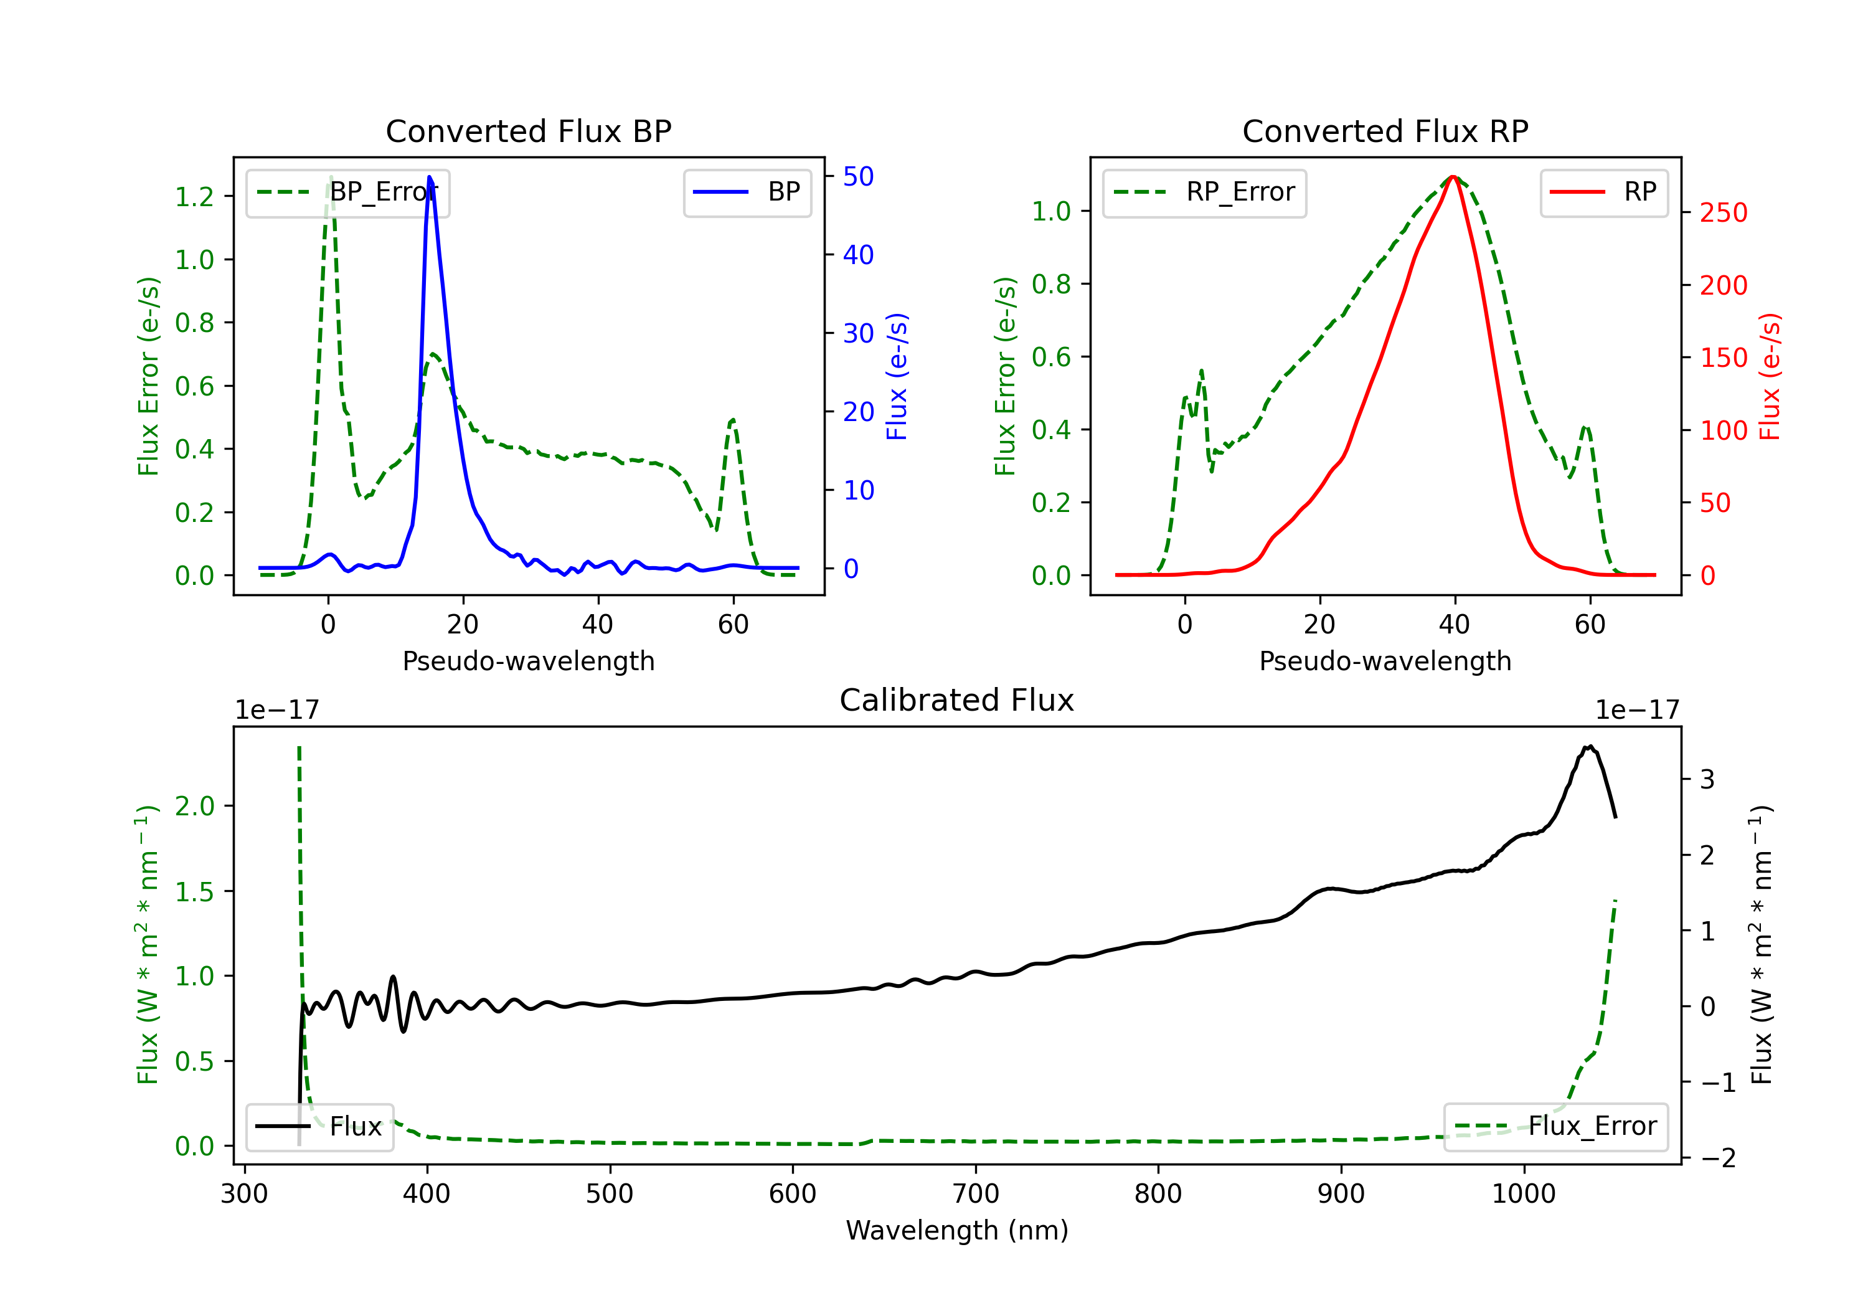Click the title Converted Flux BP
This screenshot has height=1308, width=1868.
pos(528,131)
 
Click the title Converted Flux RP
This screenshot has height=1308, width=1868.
pos(1385,131)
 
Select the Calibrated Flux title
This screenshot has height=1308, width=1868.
pos(957,700)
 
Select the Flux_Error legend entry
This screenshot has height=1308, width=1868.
pos(1555,1127)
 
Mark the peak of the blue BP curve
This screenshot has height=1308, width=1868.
pos(430,177)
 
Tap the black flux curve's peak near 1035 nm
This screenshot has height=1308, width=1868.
pos(1589,746)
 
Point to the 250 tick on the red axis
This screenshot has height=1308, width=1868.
pos(1723,213)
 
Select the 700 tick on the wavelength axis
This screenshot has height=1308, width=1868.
pos(976,1194)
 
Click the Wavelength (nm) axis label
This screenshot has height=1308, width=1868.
pos(957,1231)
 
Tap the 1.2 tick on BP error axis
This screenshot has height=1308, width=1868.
pos(194,197)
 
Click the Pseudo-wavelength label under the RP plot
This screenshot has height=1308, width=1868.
pos(1385,661)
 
